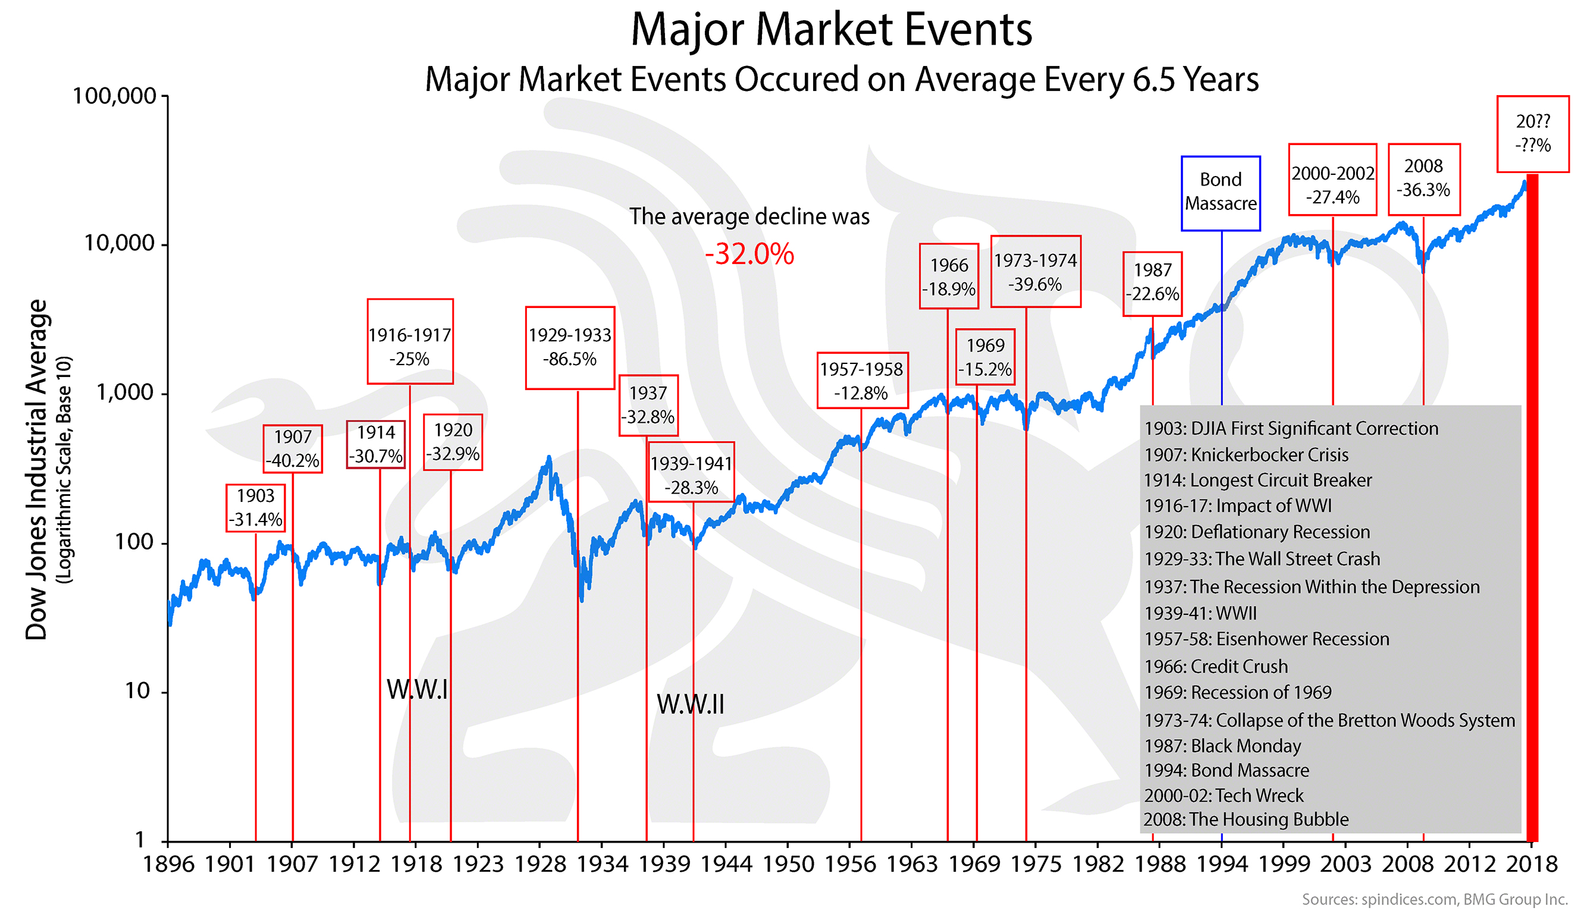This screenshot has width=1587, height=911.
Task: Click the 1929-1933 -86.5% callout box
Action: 569,348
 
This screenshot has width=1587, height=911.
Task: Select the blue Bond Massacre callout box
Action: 1219,193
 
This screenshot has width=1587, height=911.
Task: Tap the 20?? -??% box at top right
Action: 1532,134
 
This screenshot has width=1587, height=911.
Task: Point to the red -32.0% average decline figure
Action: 749,254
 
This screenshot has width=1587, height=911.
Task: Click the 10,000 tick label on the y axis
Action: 120,243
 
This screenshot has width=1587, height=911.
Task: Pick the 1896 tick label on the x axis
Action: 168,864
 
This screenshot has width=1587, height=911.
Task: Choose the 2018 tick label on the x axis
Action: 1530,864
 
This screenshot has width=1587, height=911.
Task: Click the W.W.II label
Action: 690,705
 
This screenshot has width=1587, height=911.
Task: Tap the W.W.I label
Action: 418,690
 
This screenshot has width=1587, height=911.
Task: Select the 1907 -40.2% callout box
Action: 292,448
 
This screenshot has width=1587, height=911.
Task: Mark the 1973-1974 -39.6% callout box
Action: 1035,272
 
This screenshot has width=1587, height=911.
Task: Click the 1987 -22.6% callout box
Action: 1152,283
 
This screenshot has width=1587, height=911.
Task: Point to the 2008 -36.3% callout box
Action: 1423,179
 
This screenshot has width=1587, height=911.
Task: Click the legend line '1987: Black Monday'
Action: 1222,746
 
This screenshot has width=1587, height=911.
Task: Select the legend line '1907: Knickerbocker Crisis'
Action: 1246,455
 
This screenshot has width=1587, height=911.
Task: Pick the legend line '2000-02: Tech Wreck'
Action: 1224,795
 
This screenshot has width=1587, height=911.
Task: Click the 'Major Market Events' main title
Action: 831,30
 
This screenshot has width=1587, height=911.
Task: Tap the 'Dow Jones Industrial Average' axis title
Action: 36,469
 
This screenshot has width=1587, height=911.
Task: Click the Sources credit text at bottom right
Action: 1434,899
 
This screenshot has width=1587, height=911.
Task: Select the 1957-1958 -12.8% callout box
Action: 861,381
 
